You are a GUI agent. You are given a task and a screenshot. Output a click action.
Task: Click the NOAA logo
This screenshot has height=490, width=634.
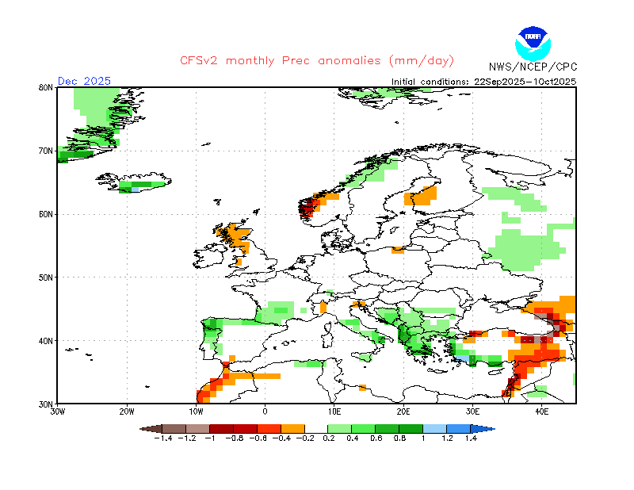(533, 44)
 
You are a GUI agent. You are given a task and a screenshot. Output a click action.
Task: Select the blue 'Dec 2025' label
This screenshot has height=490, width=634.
(84, 81)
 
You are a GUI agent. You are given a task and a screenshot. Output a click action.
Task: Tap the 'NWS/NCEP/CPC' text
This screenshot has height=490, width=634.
(533, 67)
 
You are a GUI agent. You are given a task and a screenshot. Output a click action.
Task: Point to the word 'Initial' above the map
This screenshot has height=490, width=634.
(403, 82)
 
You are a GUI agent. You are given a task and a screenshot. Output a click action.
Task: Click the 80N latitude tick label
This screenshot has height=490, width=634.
(46, 87)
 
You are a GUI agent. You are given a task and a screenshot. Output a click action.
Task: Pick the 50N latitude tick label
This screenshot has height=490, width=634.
(46, 278)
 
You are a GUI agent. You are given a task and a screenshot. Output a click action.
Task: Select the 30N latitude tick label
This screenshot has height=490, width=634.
(46, 404)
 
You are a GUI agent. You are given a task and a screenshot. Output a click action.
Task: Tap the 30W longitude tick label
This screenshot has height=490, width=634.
(57, 412)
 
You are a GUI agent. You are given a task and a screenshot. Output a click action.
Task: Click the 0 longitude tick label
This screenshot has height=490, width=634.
(265, 412)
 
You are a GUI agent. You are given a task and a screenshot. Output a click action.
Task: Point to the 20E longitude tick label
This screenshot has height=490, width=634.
(403, 412)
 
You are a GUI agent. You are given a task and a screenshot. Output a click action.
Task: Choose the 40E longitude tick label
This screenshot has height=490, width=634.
(541, 412)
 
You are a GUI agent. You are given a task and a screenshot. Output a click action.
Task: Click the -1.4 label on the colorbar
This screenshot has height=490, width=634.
(163, 438)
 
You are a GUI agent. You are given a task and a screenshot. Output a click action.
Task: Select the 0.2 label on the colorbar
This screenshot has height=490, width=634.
(328, 438)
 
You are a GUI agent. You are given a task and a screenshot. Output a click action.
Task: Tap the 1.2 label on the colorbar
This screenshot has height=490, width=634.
(447, 438)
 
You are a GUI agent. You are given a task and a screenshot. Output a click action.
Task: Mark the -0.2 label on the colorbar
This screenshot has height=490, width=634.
(305, 438)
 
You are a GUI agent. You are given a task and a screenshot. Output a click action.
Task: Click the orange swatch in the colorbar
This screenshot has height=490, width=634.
(292, 429)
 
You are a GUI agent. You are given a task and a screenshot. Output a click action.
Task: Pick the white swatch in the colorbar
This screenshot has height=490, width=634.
(316, 429)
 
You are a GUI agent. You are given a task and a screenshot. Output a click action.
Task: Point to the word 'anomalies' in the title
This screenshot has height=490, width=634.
(349, 61)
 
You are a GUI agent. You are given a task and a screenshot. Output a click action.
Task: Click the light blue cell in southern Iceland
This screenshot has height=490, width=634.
(135, 189)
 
